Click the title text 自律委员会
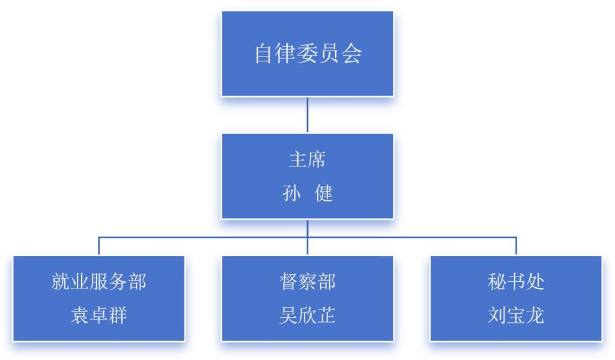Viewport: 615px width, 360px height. coord(308,53)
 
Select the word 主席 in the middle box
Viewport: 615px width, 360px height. coord(307,160)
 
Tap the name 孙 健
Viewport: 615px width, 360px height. coord(307,193)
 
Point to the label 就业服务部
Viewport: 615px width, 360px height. coord(99,282)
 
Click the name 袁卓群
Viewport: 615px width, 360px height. coord(99,316)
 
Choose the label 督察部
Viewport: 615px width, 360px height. coord(307,282)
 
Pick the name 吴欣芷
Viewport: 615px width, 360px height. coord(307,316)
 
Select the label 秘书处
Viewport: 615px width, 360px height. coord(516,282)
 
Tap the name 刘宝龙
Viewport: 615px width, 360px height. coord(516,316)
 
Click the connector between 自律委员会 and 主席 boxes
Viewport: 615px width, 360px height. coord(307,115)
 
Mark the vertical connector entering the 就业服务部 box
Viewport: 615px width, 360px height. coord(99,246)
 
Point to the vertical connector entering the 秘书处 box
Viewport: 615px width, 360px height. coord(516,246)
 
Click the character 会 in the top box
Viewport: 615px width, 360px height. coord(351,53)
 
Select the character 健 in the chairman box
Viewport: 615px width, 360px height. coord(324,193)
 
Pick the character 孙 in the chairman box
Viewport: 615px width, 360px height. coord(291,193)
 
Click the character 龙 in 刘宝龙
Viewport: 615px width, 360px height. coord(535,316)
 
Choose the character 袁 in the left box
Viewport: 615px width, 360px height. coord(80,316)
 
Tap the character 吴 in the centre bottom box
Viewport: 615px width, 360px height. coord(289,316)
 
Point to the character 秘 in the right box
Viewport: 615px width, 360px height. coord(497,282)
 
